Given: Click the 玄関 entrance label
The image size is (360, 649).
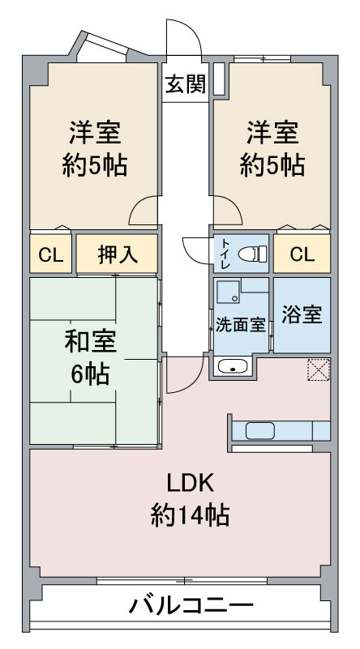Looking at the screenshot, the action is coord(185,85).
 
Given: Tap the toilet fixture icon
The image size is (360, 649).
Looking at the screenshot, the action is coord(253,254).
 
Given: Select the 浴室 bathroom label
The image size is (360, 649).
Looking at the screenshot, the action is coord(302,315).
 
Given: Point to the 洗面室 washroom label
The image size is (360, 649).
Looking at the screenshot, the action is coord(240,325).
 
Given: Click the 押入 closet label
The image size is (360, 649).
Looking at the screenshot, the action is coord(118,254).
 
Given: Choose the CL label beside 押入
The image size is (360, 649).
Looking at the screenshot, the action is coord(51,255).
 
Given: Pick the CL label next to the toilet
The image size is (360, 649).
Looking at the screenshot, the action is coord(302,255).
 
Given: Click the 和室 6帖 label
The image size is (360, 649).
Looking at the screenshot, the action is coord(91,357).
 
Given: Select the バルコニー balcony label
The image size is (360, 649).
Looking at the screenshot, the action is coord(191,606).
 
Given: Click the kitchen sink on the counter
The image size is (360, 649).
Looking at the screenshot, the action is coord(259,431).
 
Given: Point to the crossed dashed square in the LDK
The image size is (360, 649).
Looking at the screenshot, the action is coord(319,369).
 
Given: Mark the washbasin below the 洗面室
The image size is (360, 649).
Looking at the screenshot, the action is coord(233,366).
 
